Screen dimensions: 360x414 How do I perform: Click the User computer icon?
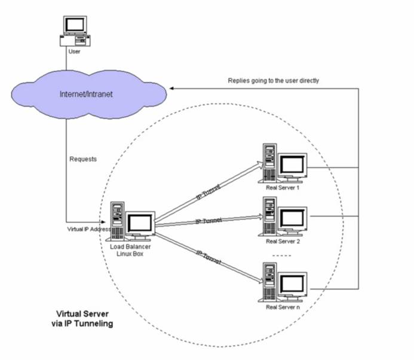coord(75,31)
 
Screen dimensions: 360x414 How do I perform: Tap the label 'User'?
coord(75,52)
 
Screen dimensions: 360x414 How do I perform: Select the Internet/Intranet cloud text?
coord(88,94)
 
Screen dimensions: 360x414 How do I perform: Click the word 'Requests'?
coord(83,160)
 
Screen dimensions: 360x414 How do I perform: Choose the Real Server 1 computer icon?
coord(284,163)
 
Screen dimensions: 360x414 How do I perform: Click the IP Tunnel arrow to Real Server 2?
coord(209,222)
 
